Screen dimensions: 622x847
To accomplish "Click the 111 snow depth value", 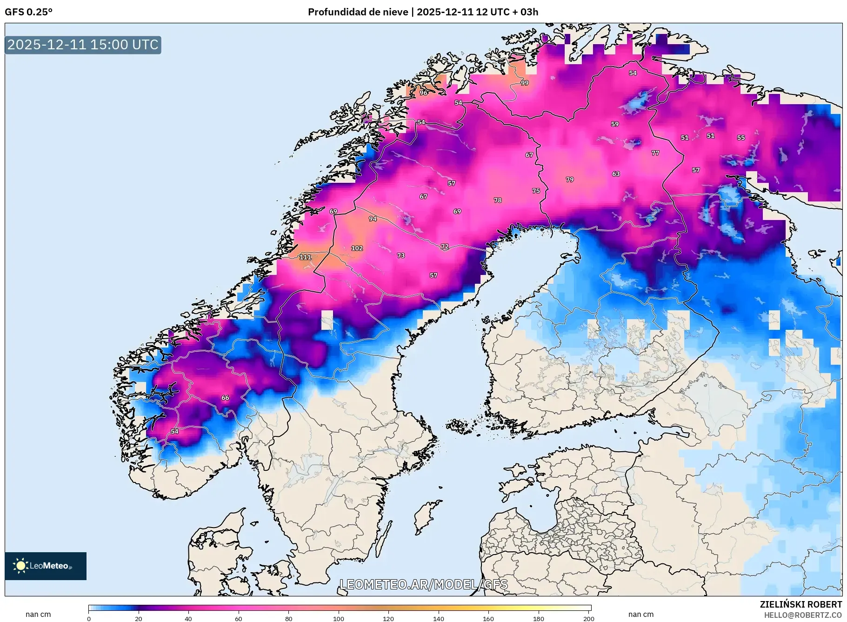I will pyautogui.click(x=305, y=257).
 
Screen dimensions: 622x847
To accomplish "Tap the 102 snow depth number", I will pyautogui.click(x=357, y=248).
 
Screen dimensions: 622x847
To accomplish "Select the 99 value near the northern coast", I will pyautogui.click(x=525, y=83).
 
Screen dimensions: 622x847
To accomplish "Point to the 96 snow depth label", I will pyautogui.click(x=423, y=93).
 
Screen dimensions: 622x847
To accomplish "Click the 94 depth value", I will pyautogui.click(x=373, y=219).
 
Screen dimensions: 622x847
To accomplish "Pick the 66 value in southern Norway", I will pyautogui.click(x=225, y=398).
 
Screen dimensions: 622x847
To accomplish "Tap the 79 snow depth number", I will pyautogui.click(x=570, y=180).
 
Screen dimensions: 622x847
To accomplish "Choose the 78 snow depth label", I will pyautogui.click(x=498, y=201).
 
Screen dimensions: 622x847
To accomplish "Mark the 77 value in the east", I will pyautogui.click(x=655, y=153).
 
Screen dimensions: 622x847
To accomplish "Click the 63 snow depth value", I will pyautogui.click(x=616, y=174).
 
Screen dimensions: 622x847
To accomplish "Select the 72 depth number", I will pyautogui.click(x=445, y=247).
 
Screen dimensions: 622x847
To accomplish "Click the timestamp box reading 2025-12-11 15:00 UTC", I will pyautogui.click(x=83, y=45).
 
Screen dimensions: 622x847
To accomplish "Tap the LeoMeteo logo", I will pyautogui.click(x=46, y=566).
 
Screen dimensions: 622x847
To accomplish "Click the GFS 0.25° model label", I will pyautogui.click(x=29, y=12).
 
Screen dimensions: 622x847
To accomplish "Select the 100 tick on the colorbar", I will pyautogui.click(x=339, y=618).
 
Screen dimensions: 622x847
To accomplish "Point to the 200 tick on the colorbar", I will pyautogui.click(x=589, y=618).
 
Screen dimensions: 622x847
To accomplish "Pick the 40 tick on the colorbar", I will pyautogui.click(x=188, y=618).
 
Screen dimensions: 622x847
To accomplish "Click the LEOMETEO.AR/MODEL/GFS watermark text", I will pyautogui.click(x=423, y=585).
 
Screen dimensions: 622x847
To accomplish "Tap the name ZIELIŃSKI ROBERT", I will pyautogui.click(x=800, y=604).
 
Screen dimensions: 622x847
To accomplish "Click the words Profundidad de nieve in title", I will pyautogui.click(x=358, y=12).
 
